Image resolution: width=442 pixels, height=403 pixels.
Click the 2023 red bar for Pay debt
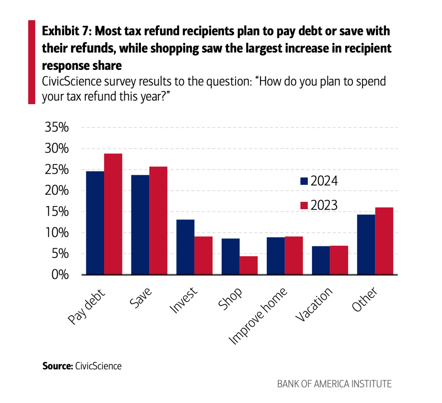113,214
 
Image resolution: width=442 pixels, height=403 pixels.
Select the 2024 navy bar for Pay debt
95,223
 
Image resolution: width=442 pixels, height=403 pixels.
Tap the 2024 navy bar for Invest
185,247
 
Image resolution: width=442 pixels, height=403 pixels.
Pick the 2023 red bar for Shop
249,265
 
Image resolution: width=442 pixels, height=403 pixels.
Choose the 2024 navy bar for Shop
231,256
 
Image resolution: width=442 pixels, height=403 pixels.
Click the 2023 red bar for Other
384,241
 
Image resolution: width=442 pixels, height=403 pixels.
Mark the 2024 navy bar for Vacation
321,260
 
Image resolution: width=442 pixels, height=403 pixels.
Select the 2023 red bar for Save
158,220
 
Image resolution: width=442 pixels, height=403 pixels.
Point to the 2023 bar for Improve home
294,255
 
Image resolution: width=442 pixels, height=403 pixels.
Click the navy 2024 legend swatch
304,181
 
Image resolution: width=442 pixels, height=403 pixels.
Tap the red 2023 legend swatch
304,205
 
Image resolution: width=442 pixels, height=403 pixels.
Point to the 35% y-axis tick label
57,128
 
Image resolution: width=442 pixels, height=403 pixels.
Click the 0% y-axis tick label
60,275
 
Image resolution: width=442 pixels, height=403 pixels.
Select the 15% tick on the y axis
57,212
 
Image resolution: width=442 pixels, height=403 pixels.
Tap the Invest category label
184,300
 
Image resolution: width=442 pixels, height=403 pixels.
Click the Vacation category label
314,304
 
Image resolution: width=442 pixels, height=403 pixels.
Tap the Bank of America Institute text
334,384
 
